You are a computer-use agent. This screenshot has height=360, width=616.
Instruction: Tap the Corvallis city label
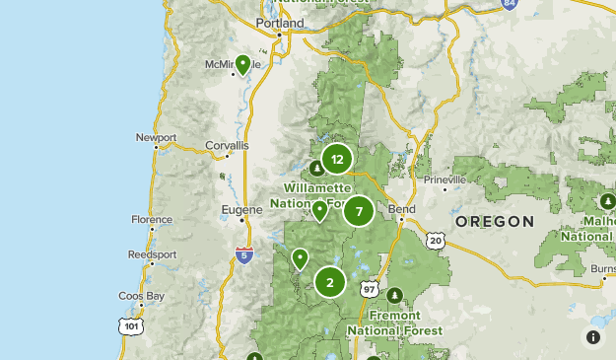(228, 145)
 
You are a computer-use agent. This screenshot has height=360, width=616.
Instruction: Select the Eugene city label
(244, 209)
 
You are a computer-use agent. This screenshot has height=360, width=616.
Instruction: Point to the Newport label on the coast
(156, 137)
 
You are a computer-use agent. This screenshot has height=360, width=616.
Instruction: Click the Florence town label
(151, 220)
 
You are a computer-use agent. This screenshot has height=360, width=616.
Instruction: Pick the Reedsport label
(152, 254)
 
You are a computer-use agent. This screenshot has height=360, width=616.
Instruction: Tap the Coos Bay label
(141, 296)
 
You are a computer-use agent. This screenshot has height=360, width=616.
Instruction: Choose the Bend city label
(402, 209)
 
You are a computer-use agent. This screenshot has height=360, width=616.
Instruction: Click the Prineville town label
(445, 180)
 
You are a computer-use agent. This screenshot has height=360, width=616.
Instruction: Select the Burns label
(601, 267)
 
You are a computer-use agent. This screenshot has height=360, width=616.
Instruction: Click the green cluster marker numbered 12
(337, 159)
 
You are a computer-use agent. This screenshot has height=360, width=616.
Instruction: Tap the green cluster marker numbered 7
(359, 210)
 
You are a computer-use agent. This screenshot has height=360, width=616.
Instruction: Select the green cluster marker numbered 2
(329, 282)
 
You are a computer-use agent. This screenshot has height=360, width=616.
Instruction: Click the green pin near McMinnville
(242, 65)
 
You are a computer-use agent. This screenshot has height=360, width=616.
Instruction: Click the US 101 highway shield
(131, 324)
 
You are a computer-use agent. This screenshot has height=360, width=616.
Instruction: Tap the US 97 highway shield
(370, 289)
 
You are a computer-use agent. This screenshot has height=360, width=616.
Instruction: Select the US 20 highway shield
(436, 240)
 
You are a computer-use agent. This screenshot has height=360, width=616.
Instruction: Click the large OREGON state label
(495, 222)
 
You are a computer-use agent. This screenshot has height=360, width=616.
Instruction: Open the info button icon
(593, 337)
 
